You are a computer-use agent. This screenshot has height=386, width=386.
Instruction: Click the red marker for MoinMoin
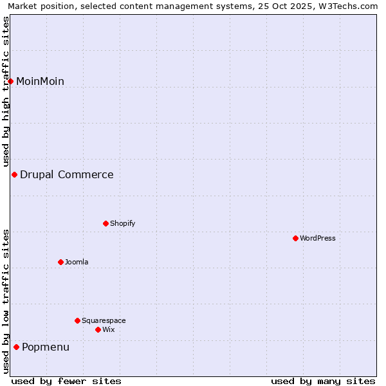click(11, 81)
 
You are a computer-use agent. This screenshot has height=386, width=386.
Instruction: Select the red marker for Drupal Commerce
click(14, 174)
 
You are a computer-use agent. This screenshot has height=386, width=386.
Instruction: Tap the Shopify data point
click(106, 223)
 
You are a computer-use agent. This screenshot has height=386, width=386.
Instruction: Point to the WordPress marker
click(295, 238)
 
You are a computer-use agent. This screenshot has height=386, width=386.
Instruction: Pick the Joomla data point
click(60, 262)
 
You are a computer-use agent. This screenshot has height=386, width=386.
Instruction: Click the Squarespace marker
click(77, 320)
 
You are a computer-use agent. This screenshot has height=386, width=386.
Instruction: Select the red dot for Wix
click(98, 329)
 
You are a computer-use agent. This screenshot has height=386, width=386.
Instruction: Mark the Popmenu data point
click(16, 347)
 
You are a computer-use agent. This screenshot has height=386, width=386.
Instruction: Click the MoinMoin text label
click(40, 81)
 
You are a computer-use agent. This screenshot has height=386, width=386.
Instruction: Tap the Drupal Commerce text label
click(67, 174)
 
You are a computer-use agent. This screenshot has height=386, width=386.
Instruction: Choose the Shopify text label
click(122, 223)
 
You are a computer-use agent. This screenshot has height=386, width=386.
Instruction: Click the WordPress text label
click(318, 238)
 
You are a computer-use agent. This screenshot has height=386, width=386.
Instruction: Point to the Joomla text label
click(77, 262)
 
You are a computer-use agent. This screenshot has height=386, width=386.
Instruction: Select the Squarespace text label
click(104, 320)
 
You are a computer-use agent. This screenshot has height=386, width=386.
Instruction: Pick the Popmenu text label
click(46, 347)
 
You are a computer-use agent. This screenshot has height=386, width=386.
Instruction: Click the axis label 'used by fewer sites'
click(66, 381)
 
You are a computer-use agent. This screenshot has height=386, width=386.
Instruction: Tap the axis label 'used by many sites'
click(323, 381)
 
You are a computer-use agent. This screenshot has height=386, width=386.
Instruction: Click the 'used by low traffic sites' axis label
click(6, 300)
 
